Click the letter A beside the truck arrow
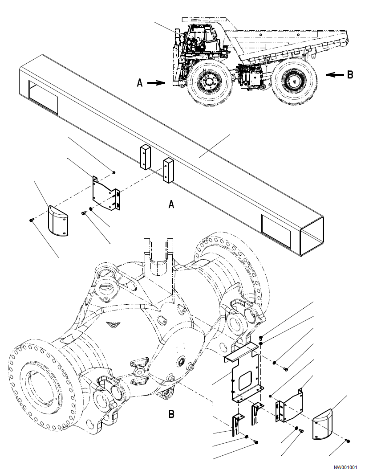(140, 83)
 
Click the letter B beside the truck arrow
(350, 75)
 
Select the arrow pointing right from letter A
(157, 82)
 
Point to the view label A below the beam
(171, 204)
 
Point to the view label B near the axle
(171, 414)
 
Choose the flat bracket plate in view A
(105, 192)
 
